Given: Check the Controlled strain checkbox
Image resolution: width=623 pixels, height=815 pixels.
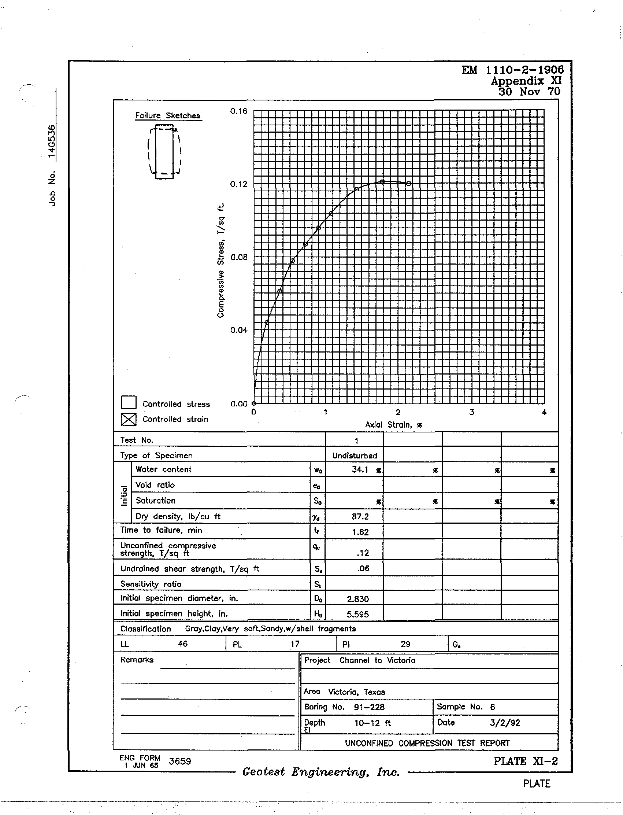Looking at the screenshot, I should (x=128, y=419).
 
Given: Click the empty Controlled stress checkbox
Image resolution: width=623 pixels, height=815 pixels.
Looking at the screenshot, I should (x=128, y=402).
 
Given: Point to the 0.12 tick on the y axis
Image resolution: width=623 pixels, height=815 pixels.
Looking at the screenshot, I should (x=238, y=184).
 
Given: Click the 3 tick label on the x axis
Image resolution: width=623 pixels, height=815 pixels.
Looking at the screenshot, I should (x=471, y=412).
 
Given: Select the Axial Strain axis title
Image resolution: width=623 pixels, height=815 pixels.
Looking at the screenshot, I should (x=393, y=425).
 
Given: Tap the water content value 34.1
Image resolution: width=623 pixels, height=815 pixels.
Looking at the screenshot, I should (x=360, y=470).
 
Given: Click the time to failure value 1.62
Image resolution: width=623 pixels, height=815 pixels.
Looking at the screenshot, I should (x=360, y=532).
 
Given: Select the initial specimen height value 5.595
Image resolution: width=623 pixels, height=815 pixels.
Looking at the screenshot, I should (x=357, y=614).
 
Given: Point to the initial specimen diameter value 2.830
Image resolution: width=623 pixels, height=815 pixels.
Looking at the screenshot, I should (x=357, y=599).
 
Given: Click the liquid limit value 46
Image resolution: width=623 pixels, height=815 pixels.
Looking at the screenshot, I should (x=182, y=643).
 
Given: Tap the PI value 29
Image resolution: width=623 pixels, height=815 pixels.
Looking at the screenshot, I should (x=405, y=644).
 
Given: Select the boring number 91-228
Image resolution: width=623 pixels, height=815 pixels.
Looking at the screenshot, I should (x=369, y=707).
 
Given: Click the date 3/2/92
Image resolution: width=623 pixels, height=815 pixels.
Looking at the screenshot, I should (x=504, y=723).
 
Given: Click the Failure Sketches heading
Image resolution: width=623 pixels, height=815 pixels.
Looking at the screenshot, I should (x=168, y=115).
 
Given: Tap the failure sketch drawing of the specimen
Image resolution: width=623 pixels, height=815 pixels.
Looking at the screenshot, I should (x=164, y=151).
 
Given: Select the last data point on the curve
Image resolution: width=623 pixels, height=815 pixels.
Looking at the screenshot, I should (x=408, y=183).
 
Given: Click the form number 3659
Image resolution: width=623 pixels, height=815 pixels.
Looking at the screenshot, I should (x=179, y=761).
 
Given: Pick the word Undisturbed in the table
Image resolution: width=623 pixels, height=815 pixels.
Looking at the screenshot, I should (x=355, y=456).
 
